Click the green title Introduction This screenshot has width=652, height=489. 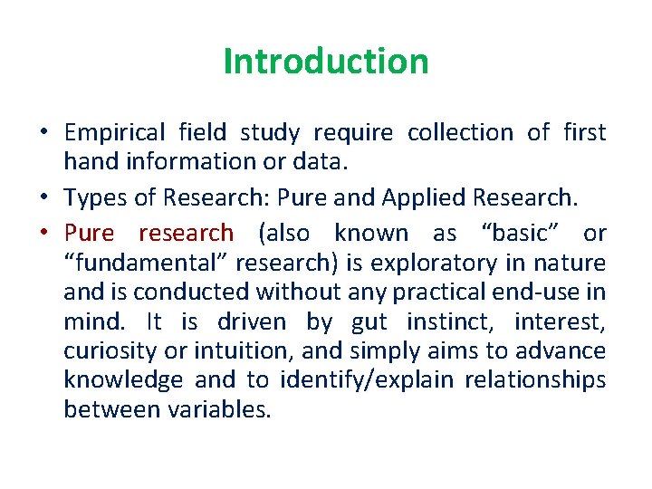326,62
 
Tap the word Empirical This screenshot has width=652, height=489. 115,133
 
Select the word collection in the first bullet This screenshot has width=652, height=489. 460,133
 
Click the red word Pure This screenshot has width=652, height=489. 89,233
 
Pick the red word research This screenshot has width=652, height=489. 186,233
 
